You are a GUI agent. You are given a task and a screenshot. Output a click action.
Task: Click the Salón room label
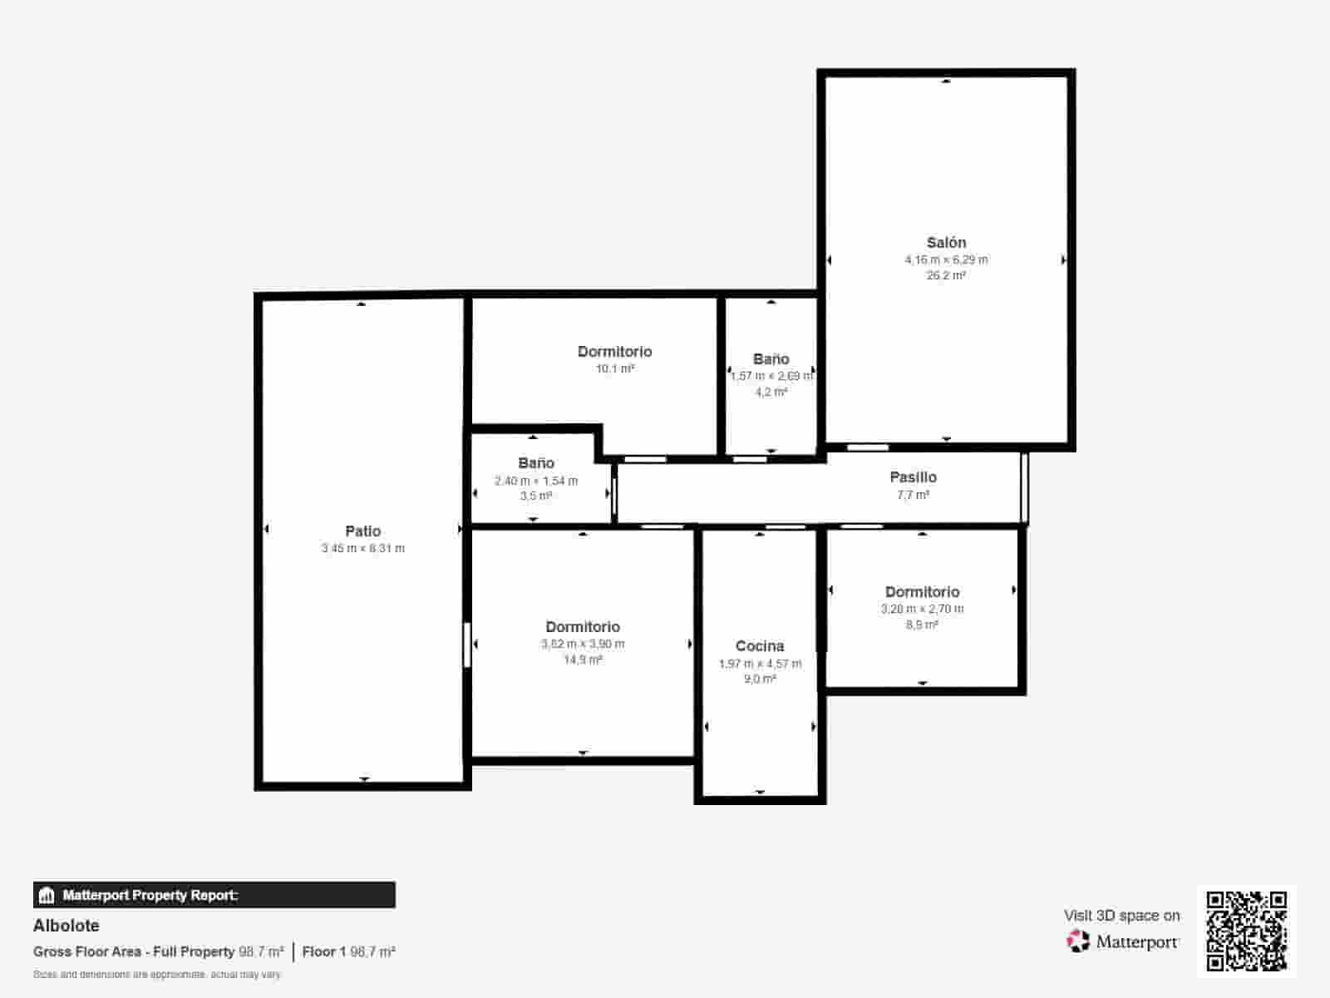pyautogui.click(x=946, y=243)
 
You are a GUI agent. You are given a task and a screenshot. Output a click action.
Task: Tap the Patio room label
pyautogui.click(x=363, y=531)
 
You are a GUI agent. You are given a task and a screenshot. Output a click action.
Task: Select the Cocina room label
pyautogui.click(x=760, y=646)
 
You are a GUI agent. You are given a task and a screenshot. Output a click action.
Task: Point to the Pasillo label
pyautogui.click(x=913, y=477)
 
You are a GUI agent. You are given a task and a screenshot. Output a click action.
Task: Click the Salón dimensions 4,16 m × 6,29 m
pyautogui.click(x=946, y=259)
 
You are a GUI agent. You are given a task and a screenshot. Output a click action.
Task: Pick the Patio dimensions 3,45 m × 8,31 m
pyautogui.click(x=363, y=548)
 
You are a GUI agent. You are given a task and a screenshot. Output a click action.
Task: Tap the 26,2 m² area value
pyautogui.click(x=946, y=275)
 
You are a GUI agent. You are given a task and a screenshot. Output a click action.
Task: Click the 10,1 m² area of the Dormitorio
pyautogui.click(x=615, y=368)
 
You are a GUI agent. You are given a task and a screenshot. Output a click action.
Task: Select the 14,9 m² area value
pyautogui.click(x=583, y=660)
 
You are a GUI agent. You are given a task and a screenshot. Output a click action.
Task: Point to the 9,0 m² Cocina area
pyautogui.click(x=760, y=679)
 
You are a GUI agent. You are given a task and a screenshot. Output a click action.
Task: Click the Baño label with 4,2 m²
pyautogui.click(x=771, y=359)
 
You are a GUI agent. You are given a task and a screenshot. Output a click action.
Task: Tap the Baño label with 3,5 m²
pyautogui.click(x=536, y=463)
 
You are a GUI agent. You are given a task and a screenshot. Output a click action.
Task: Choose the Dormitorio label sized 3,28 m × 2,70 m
pyautogui.click(x=922, y=592)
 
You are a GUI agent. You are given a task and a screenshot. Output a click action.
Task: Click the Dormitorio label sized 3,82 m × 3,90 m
pyautogui.click(x=583, y=627)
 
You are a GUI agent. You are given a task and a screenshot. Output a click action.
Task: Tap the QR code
pyautogui.click(x=1246, y=931)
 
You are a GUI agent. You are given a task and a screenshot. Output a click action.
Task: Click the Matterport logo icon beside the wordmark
pyautogui.click(x=1077, y=941)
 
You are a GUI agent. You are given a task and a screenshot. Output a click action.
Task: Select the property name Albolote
pyautogui.click(x=66, y=926)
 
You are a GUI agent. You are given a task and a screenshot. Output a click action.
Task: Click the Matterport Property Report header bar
pyautogui.click(x=214, y=895)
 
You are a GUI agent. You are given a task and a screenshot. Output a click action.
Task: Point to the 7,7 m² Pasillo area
pyautogui.click(x=913, y=495)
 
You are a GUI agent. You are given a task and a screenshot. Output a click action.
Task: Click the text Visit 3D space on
pyautogui.click(x=1121, y=916)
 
